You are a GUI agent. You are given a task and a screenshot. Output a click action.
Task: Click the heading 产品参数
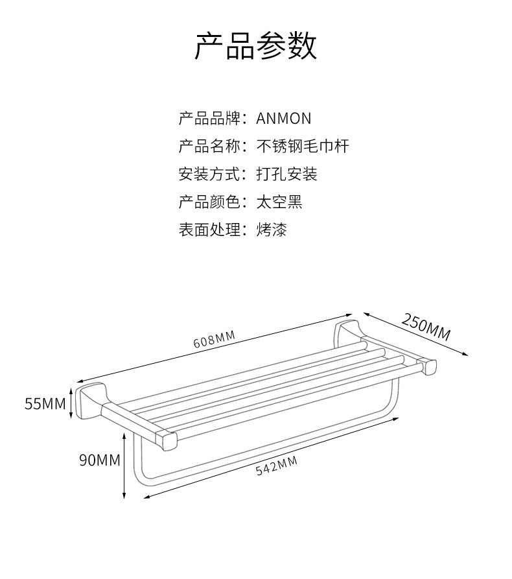(256, 46)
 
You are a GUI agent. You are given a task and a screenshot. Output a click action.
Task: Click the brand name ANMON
(284, 119)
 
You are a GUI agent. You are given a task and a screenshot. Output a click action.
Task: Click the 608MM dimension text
(214, 340)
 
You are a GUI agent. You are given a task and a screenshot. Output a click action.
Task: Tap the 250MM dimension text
(426, 326)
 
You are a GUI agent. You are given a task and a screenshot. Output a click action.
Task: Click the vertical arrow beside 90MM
(124, 467)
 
